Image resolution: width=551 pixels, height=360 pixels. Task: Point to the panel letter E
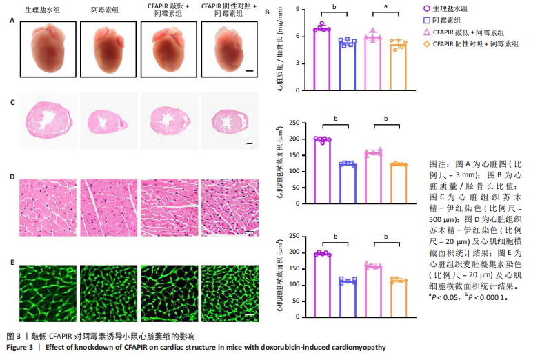[x=12, y=262]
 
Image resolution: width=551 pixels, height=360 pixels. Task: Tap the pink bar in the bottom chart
[x=373, y=289]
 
